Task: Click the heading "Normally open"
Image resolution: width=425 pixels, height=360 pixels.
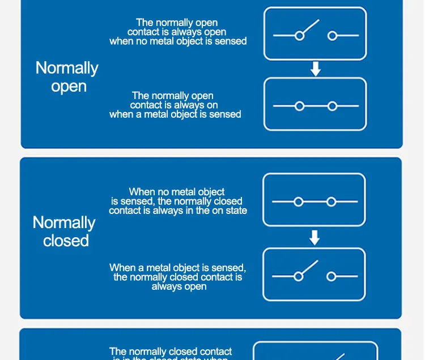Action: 67,77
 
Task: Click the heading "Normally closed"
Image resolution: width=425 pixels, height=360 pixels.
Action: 64,232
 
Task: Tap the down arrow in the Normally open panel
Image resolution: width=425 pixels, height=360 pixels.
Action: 316,69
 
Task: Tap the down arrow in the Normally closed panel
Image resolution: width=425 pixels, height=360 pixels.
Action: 314,239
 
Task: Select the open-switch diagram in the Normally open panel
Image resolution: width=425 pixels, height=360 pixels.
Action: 315,34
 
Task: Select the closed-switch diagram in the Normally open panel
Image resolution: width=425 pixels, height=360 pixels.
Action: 315,104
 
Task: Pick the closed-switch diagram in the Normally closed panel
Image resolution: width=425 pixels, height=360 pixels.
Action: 314,201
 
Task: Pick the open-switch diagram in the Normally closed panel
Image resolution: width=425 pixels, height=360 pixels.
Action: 314,275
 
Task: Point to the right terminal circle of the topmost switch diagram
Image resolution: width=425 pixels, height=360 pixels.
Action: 332,36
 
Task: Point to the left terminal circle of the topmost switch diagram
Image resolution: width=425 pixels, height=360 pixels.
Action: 299,36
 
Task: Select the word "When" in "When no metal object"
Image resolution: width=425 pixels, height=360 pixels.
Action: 142,192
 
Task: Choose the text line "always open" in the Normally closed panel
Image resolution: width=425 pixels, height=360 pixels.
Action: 178,286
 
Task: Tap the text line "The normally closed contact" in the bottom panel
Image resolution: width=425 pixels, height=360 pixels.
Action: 171,352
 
